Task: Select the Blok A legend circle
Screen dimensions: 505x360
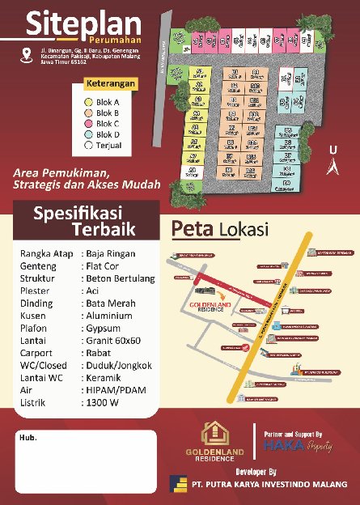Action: point(89,103)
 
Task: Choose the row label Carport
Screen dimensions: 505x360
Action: point(36,354)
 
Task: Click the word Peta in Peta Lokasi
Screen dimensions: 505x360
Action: point(191,229)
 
